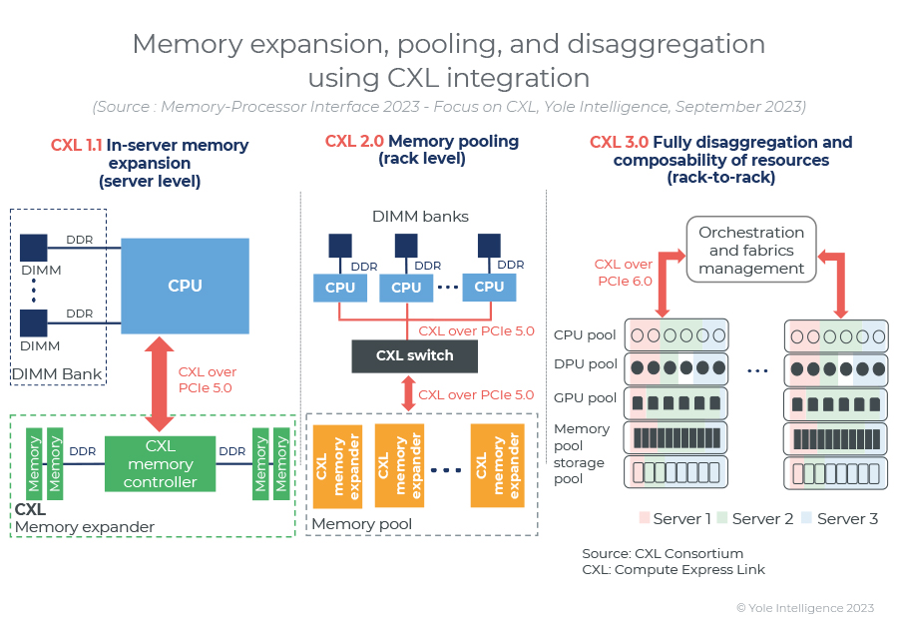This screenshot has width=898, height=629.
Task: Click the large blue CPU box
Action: [185, 286]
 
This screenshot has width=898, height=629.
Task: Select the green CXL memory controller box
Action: [160, 464]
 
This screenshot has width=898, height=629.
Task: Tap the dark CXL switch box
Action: [414, 355]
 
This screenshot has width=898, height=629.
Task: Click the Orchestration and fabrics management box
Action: [751, 250]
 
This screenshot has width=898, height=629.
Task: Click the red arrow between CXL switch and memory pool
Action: [408, 393]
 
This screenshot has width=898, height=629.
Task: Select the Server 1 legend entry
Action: [675, 519]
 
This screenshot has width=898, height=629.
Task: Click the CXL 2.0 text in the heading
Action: [354, 141]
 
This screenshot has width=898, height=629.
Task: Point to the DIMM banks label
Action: [420, 216]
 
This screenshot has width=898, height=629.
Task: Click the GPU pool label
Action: [585, 398]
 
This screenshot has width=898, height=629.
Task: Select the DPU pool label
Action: [585, 364]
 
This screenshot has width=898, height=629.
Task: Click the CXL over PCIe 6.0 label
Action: [624, 273]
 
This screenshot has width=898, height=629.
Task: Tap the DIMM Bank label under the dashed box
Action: [57, 374]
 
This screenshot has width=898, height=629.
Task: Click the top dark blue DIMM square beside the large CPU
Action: [33, 249]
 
